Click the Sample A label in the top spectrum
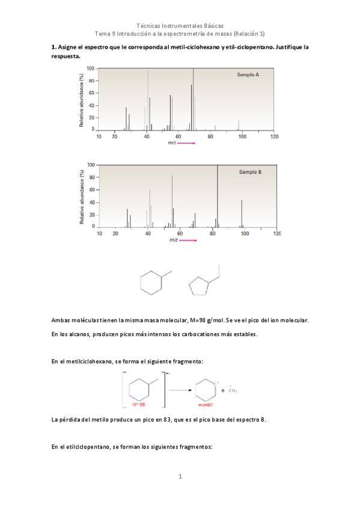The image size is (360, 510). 248,75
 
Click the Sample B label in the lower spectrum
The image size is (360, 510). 250,171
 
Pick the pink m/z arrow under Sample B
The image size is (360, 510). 189,240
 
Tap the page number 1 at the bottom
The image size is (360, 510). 180,477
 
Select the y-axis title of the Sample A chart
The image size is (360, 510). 81,99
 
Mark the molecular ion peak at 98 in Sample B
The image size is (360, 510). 242,213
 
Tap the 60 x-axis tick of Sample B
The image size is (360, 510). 180,233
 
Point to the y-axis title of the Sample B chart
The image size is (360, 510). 81,197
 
